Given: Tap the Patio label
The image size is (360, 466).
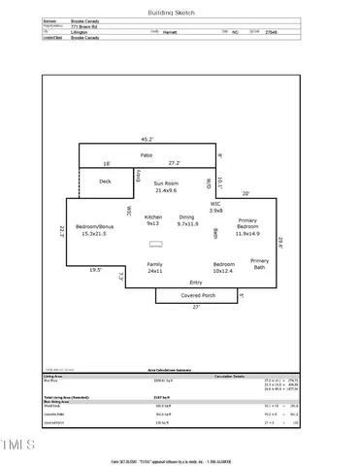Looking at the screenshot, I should (x=147, y=155).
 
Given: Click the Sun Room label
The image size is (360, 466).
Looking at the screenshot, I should (x=159, y=186).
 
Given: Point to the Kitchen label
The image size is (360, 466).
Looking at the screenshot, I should (x=153, y=219).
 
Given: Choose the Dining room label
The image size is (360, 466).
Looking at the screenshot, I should (x=186, y=219).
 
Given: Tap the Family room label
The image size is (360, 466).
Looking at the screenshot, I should (x=154, y=267).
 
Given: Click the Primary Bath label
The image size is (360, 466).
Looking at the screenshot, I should (x=260, y=263).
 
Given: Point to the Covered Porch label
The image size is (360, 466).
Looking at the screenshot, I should (x=195, y=296).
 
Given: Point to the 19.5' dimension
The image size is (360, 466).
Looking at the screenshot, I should (x=95, y=270).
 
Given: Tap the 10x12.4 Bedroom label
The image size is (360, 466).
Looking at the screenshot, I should (x=224, y=267).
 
